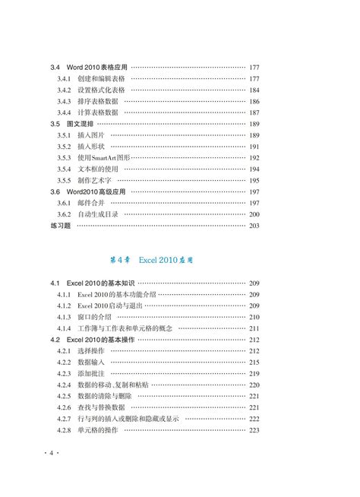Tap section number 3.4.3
(64, 102)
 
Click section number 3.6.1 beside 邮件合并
(64, 204)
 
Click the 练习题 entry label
(61, 226)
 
